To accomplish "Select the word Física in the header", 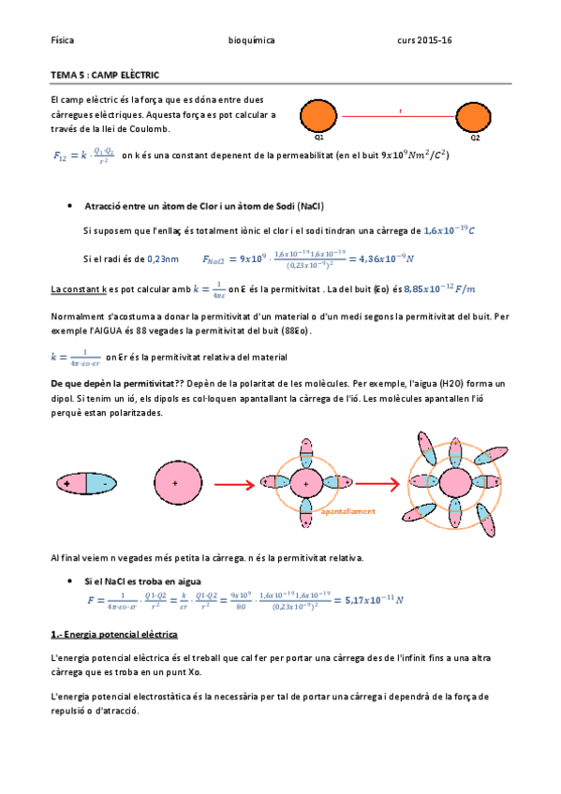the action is click(x=63, y=41).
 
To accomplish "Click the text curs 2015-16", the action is click(x=424, y=41).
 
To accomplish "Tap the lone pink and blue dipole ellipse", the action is click(x=85, y=483).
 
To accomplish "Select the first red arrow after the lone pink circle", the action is click(x=233, y=484).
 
